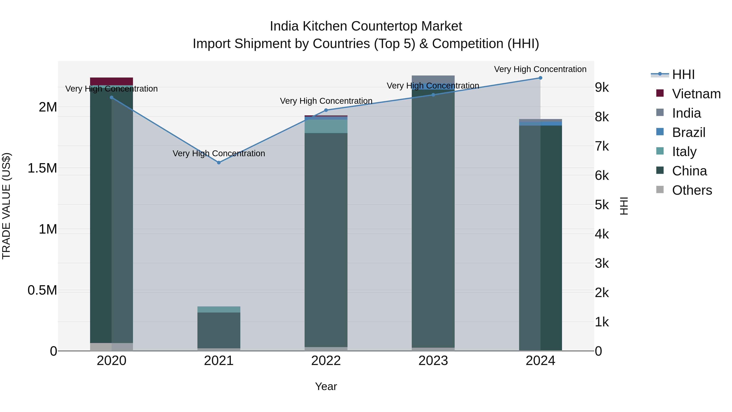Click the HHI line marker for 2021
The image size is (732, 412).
coord(219,163)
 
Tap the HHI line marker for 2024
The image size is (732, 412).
coord(540,78)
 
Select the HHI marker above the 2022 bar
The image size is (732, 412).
coord(326,110)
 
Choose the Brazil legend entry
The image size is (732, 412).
coord(688,132)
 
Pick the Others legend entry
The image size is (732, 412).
coord(692,190)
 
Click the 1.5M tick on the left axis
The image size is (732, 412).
coord(42,168)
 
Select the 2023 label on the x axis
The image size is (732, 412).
coord(433,361)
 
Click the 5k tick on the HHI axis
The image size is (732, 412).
coord(602,205)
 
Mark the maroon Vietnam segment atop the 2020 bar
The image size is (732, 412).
coord(111,81)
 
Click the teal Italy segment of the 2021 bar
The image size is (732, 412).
coord(219,309)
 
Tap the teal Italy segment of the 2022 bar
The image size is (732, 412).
coord(326,126)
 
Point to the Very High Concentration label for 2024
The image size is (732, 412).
coord(540,69)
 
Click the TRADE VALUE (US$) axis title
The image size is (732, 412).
coord(6,206)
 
